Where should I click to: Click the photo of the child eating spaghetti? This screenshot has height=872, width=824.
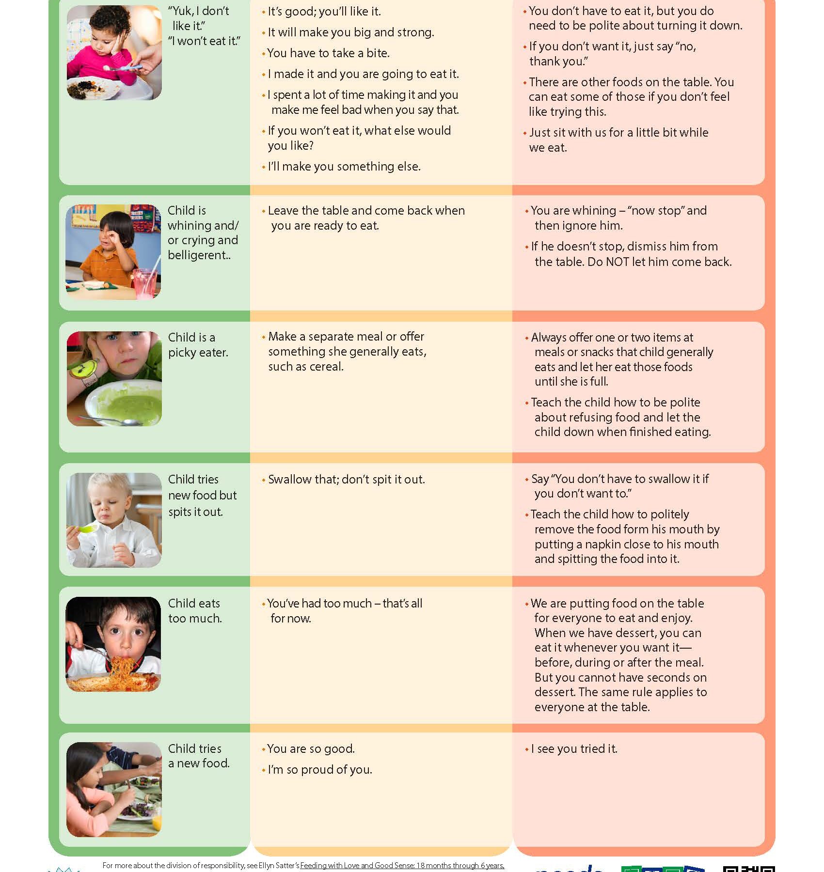tap(113, 644)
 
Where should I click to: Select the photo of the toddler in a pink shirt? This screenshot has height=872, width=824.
tap(114, 53)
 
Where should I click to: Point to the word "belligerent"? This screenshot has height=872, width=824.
tap(198, 255)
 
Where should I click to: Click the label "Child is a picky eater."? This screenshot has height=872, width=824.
tap(198, 345)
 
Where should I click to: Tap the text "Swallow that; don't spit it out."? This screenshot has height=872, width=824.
tap(346, 480)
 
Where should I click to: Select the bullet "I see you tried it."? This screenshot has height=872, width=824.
tap(574, 749)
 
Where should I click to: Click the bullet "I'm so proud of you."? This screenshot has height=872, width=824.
tap(320, 770)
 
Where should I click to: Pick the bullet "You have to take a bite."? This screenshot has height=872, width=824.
tap(328, 53)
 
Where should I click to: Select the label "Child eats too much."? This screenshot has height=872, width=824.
tap(194, 611)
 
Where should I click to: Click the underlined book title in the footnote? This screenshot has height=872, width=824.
tap(402, 866)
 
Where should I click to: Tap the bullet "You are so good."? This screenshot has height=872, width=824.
tap(311, 749)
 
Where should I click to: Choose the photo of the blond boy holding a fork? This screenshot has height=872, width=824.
tap(114, 520)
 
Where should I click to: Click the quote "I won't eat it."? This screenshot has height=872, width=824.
tap(204, 41)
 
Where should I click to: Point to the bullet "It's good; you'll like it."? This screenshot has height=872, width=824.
tap(324, 12)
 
